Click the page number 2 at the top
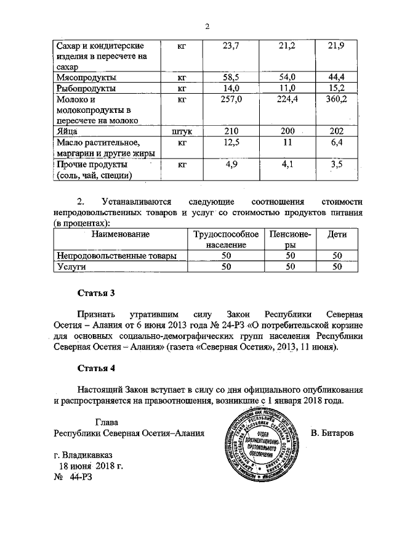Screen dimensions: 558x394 207,27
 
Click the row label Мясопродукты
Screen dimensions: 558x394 86,78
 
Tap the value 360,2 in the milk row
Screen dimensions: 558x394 337,99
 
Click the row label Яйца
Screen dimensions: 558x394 67,131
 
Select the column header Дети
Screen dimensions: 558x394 337,234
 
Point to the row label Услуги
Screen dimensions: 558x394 71,267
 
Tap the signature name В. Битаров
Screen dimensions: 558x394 332,433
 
